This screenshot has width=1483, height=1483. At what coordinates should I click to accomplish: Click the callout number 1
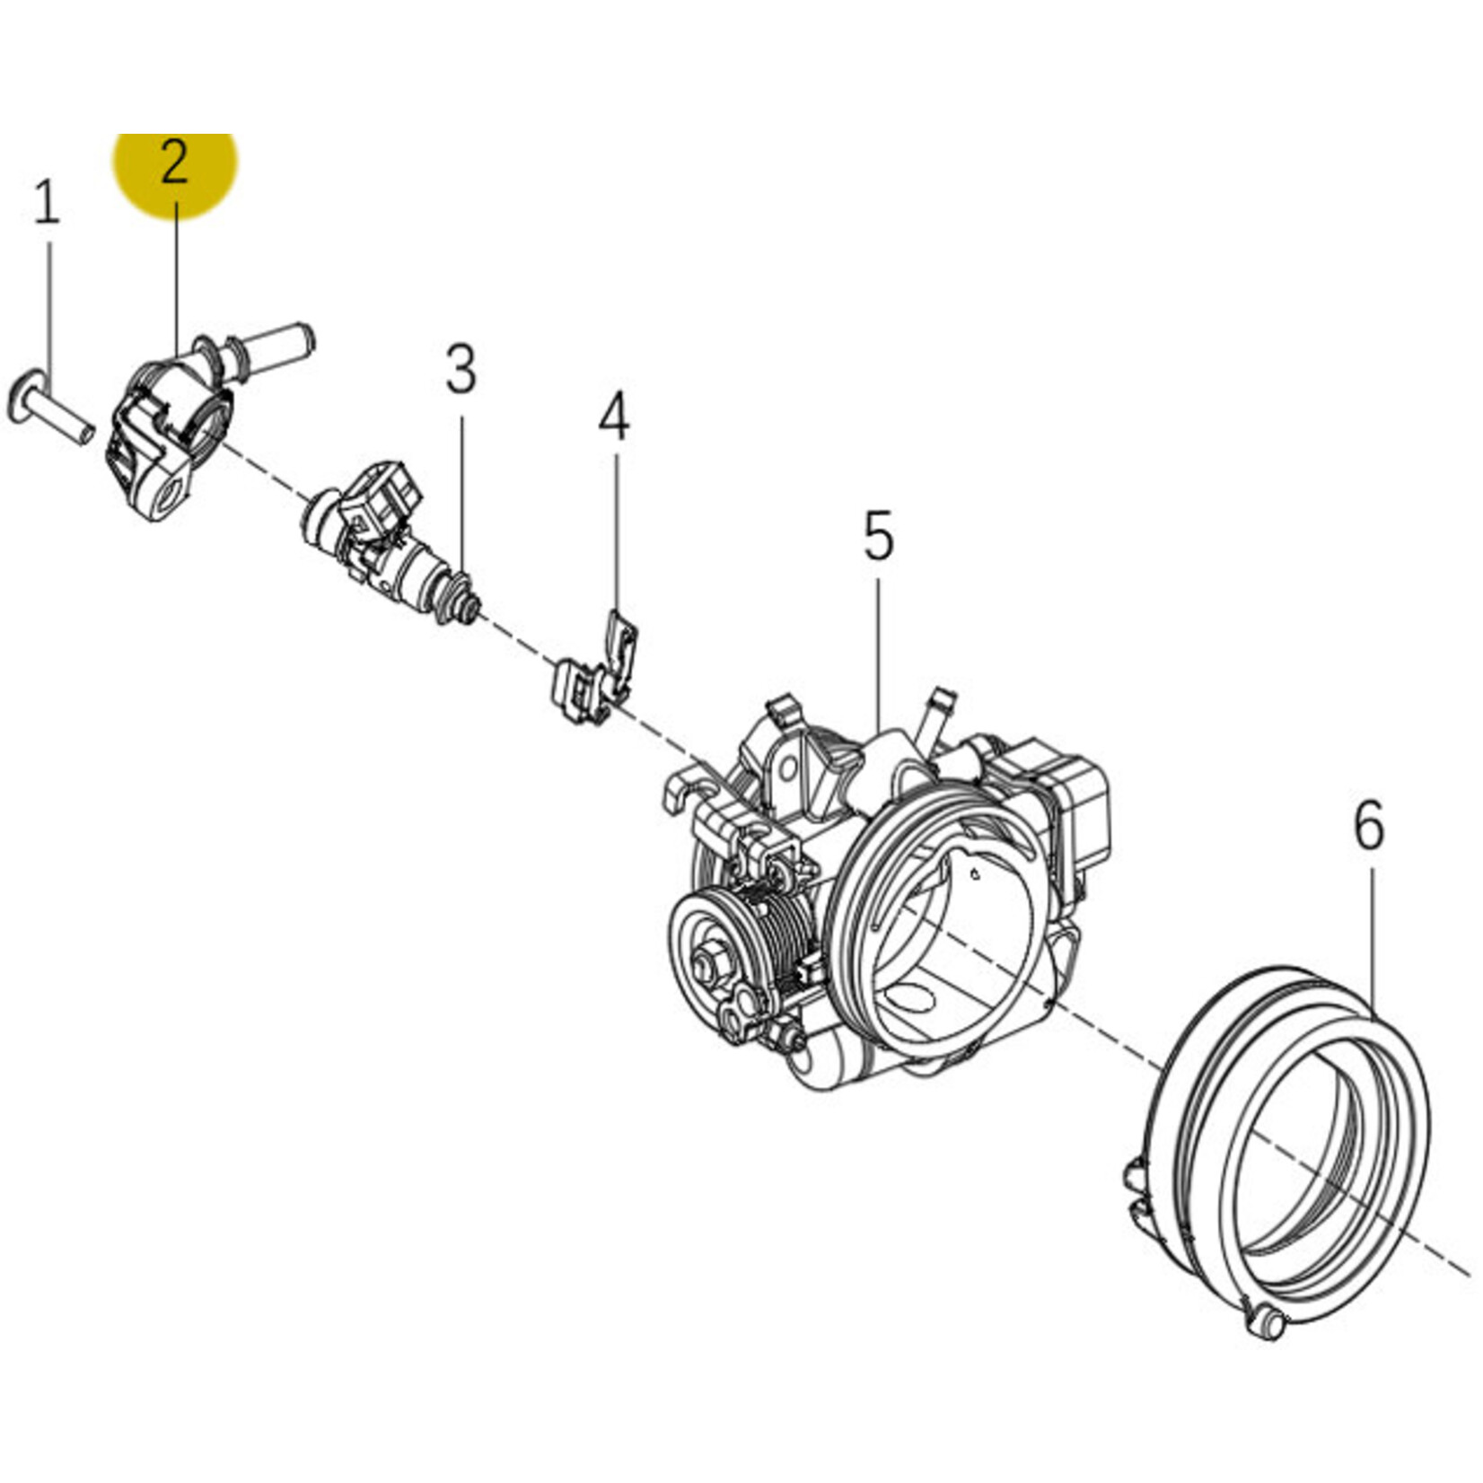point(47,202)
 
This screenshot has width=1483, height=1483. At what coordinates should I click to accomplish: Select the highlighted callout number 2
point(174,163)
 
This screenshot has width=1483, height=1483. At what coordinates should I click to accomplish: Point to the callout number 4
point(614,418)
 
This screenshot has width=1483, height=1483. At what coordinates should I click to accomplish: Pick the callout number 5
point(878,536)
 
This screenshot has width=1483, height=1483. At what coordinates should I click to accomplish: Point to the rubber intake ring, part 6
point(1293,1158)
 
